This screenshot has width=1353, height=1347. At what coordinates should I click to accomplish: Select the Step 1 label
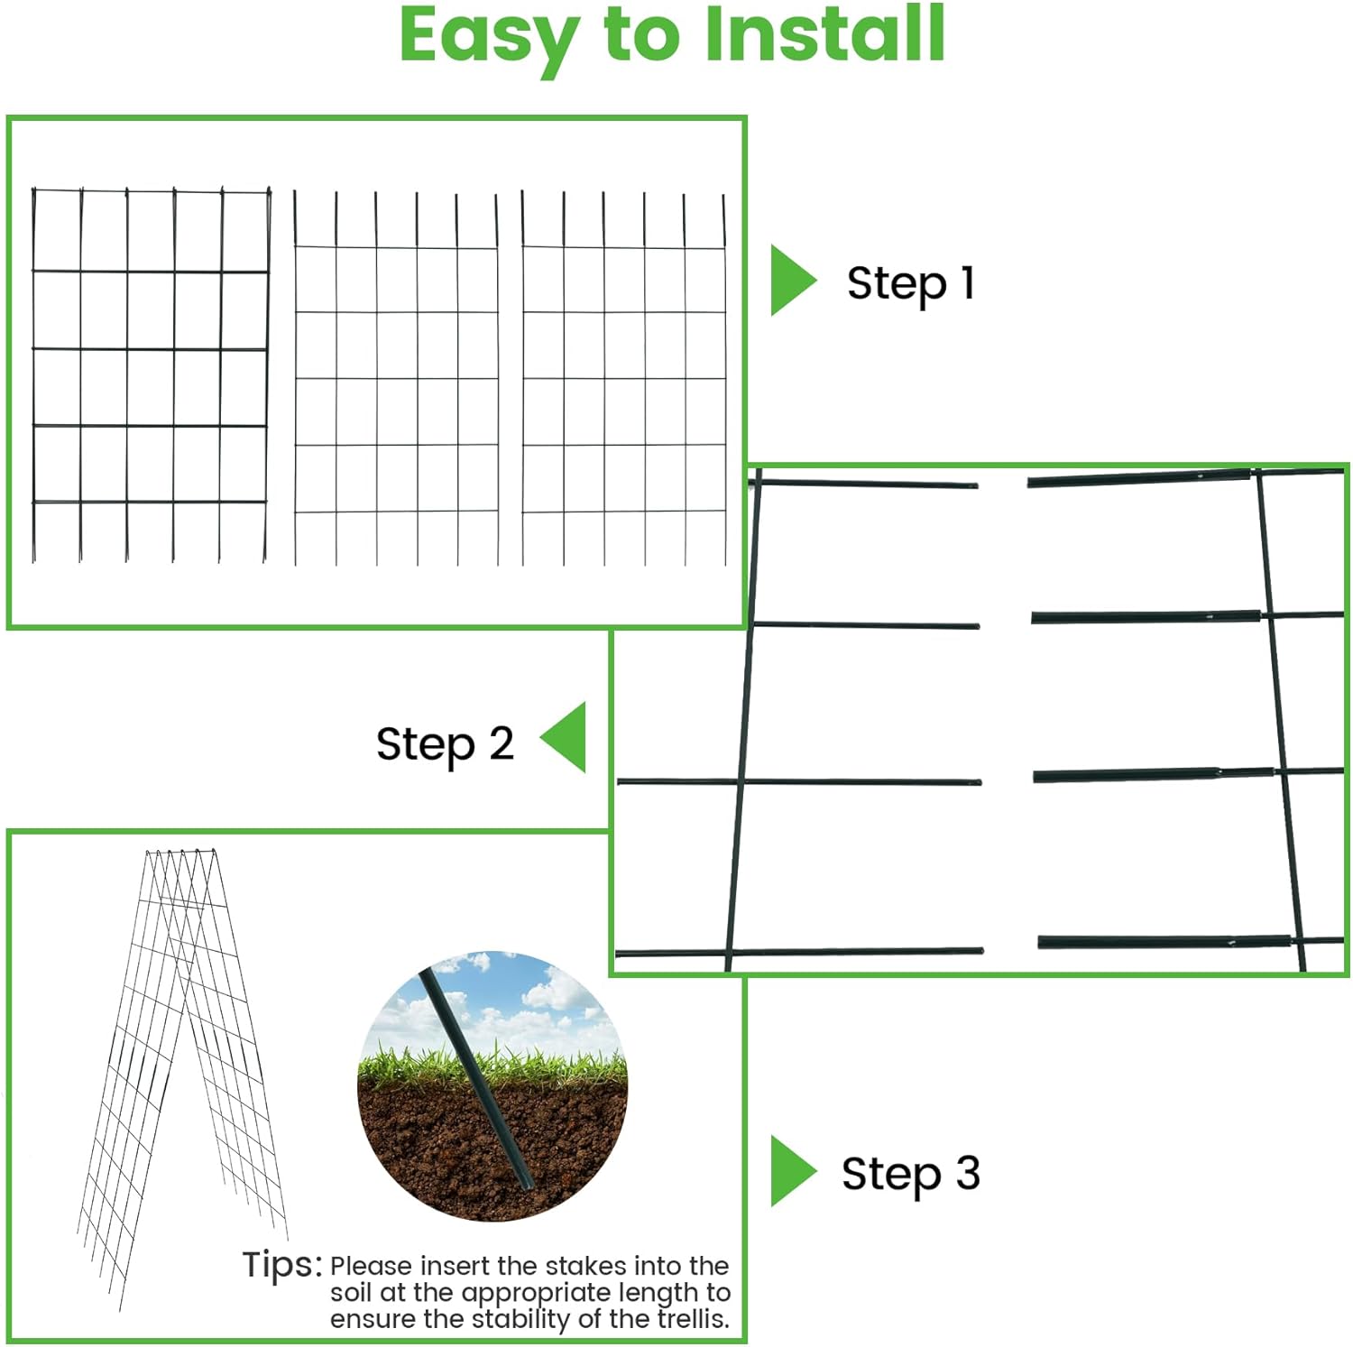[x=911, y=283]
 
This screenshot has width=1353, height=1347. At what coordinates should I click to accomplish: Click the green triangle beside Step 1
[x=789, y=281]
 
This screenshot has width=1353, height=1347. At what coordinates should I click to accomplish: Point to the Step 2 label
[x=445, y=744]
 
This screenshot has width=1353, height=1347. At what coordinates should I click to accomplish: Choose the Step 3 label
[x=910, y=1174]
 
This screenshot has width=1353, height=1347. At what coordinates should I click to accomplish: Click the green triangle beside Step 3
[x=789, y=1171]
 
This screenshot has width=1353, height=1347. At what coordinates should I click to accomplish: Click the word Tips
[x=281, y=1264]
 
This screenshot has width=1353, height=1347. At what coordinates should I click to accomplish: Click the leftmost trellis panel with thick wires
[x=150, y=374]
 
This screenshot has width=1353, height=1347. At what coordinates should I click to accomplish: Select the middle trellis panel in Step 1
[x=396, y=379]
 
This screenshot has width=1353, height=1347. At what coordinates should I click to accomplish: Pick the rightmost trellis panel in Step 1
[x=624, y=379]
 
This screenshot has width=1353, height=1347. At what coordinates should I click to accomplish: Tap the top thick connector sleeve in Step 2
[x=1140, y=478]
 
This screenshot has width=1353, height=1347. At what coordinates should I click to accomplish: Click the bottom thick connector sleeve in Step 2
[x=1164, y=942]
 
